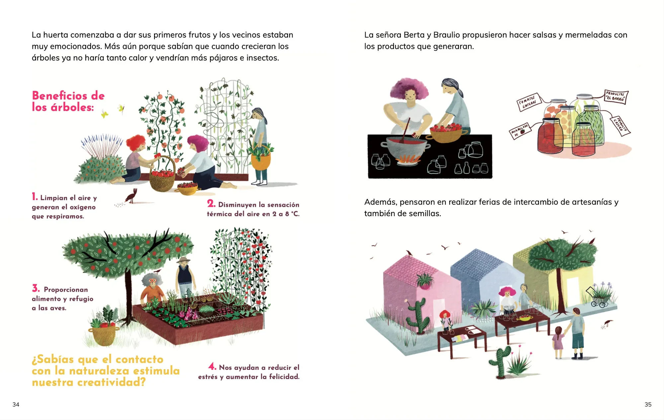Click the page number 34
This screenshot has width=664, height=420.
click(x=16, y=404)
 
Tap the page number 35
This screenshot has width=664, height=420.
click(x=648, y=404)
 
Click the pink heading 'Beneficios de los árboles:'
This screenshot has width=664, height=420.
click(x=68, y=101)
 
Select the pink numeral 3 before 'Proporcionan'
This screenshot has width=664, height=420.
click(x=36, y=288)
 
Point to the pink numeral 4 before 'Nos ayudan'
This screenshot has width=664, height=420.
click(x=212, y=366)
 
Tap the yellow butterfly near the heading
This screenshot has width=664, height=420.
click(x=105, y=114)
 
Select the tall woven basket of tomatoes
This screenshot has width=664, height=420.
click(x=162, y=175)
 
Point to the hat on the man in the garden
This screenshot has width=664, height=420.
click(x=183, y=260)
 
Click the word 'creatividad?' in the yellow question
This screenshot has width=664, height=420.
click(x=112, y=382)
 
